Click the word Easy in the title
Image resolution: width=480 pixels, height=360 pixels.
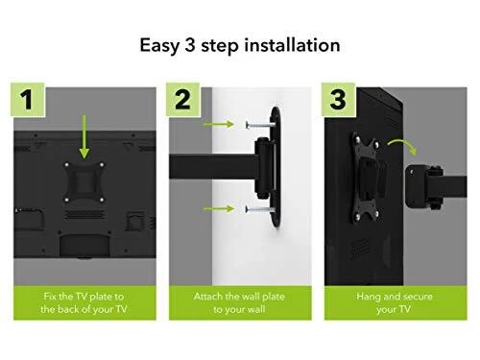click(x=159, y=45)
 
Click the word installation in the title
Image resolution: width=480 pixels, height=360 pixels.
click(x=292, y=45)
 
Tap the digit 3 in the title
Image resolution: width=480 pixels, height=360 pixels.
click(x=190, y=45)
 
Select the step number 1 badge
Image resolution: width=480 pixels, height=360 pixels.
click(x=28, y=99)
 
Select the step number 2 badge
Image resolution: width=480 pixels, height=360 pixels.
click(x=182, y=99)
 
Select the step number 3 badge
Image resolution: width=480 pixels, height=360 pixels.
click(x=338, y=99)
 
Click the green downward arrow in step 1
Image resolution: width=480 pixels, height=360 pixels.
click(x=84, y=137)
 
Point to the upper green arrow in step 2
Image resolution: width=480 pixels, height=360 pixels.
click(x=219, y=124)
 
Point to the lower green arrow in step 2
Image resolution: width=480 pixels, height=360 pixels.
click(x=219, y=209)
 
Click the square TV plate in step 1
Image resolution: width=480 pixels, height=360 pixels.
click(x=84, y=182)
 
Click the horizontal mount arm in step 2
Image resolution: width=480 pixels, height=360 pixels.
click(x=213, y=167)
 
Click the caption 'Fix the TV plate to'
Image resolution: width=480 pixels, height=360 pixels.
click(x=84, y=297)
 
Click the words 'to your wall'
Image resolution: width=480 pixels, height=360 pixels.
click(x=239, y=309)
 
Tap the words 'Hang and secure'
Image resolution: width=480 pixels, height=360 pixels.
click(x=395, y=297)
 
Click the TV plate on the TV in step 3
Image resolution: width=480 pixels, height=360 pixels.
click(x=367, y=178)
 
